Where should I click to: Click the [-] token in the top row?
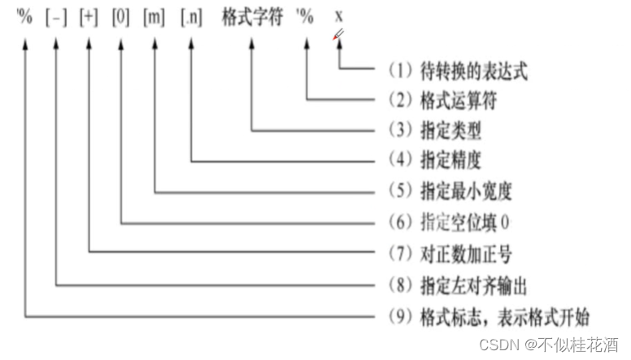(56, 18)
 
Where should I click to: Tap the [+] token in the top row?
(88, 18)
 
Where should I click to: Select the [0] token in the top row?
(120, 18)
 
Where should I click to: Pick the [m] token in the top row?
(154, 18)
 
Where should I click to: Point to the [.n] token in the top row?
(191, 18)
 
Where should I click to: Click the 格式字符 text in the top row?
(252, 18)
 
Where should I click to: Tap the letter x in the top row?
(338, 18)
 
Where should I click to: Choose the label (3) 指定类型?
(436, 130)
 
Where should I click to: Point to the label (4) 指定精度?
(436, 160)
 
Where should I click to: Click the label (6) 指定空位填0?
(448, 222)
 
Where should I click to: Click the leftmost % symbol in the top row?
(25, 18)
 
